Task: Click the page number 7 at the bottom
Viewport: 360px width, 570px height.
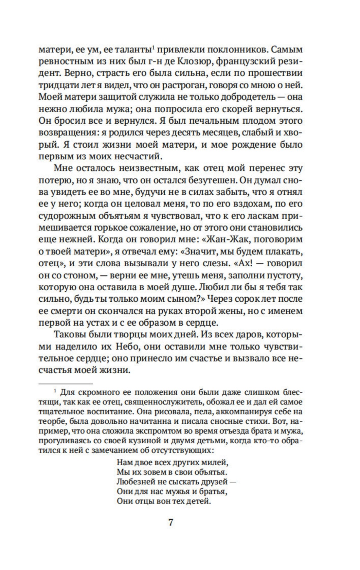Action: [x=171, y=522]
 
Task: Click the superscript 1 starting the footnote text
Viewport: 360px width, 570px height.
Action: [x=55, y=391]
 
